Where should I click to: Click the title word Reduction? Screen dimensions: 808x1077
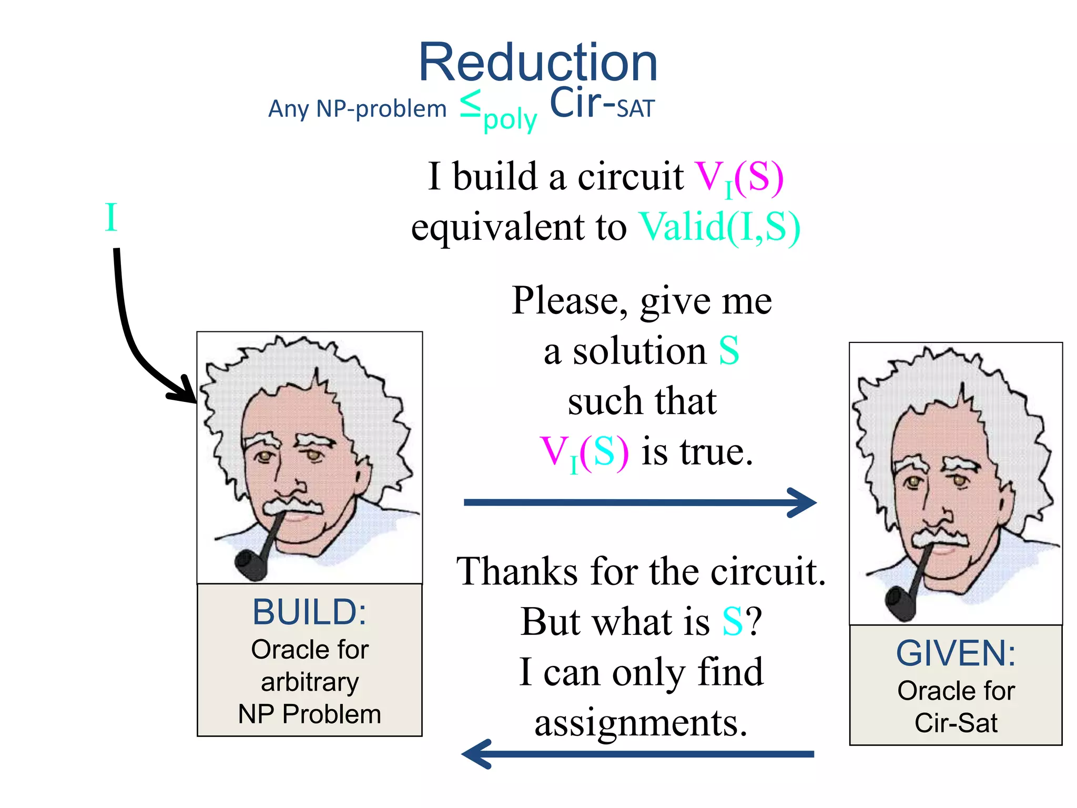(537, 63)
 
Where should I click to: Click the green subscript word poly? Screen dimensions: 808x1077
(510, 120)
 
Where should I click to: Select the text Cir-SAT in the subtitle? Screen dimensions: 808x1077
(602, 104)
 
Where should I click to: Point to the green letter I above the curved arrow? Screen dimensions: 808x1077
(110, 217)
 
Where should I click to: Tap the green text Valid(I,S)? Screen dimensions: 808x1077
(719, 227)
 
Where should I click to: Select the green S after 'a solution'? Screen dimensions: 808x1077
(729, 351)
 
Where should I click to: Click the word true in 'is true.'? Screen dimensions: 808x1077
(716, 451)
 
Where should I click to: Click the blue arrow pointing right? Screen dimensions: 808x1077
(639, 503)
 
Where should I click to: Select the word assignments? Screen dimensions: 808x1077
(641, 723)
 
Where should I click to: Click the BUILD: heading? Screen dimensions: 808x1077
(309, 612)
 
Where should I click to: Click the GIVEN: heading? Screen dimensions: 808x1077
(956, 653)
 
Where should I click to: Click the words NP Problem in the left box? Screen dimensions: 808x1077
(309, 714)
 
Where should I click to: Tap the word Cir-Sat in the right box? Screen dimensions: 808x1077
(956, 723)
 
